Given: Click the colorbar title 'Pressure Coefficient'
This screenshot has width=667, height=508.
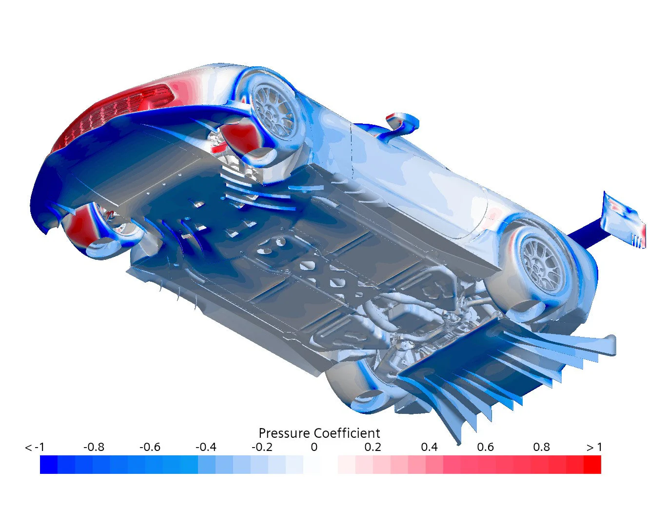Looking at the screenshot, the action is (x=319, y=433).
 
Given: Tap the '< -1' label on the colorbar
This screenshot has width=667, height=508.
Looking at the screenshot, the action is (x=35, y=447).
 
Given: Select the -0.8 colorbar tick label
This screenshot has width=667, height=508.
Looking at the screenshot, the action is (x=94, y=447).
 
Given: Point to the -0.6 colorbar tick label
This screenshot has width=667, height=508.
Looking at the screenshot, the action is (x=150, y=447).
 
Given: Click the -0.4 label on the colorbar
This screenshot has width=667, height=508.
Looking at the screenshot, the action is (x=206, y=447).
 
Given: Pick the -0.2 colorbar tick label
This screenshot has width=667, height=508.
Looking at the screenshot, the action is (x=262, y=447).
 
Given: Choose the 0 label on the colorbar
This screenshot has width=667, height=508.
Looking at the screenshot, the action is (x=314, y=447).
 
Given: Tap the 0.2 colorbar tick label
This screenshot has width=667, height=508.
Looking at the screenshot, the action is (x=373, y=447).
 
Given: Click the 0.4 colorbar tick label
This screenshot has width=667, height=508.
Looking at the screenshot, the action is (x=429, y=447).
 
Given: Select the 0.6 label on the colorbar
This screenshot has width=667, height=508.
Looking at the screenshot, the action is (x=485, y=447).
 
